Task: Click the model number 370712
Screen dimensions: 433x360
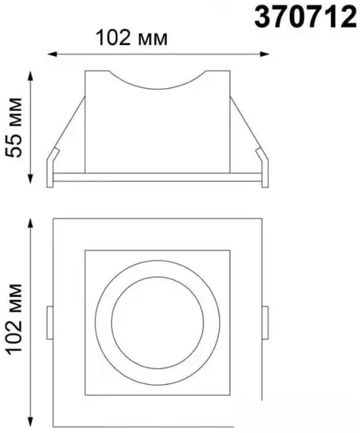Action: (x=304, y=17)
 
